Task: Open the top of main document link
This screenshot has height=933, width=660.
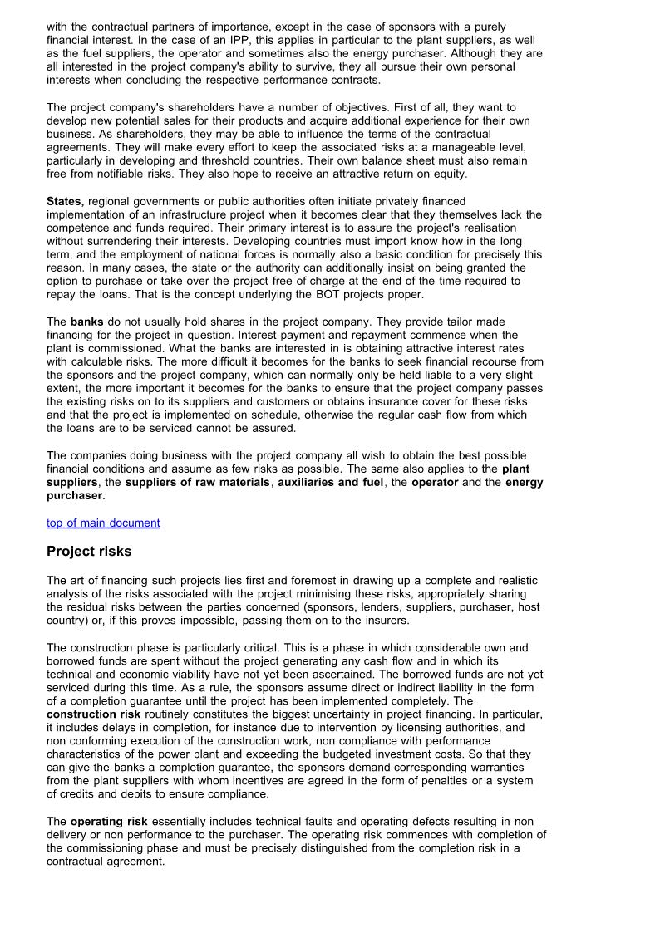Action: pos(103,523)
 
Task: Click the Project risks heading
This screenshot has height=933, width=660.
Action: pos(89,552)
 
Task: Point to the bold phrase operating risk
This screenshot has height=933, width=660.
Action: pos(109,822)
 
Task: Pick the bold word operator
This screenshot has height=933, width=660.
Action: pos(435,482)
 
